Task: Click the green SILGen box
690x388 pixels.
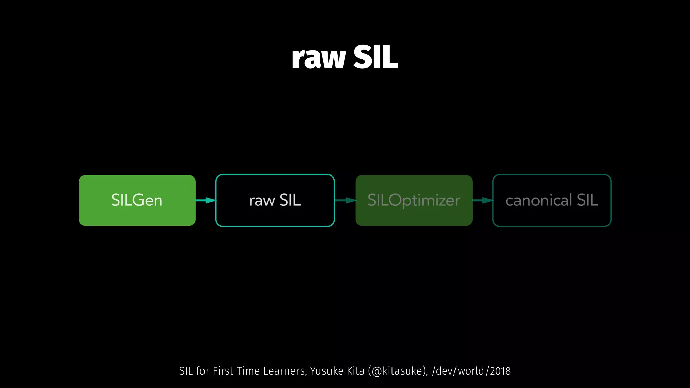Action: (137, 200)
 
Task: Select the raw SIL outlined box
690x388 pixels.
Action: (275, 200)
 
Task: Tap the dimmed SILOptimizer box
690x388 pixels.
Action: (414, 200)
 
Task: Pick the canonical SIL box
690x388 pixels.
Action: (552, 200)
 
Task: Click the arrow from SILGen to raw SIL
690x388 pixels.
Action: (206, 200)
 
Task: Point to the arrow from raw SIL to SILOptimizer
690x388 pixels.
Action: (345, 200)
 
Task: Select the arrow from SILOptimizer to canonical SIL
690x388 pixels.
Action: (482, 200)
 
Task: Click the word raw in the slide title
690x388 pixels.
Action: (318, 58)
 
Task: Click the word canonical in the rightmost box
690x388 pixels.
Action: (539, 200)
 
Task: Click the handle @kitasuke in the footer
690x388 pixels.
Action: (397, 371)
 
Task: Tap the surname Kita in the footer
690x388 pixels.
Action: (356, 371)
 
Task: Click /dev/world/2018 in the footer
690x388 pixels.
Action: (471, 371)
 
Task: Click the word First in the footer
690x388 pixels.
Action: (223, 371)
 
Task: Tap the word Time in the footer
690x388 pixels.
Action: (248, 371)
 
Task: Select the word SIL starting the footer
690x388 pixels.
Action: (186, 371)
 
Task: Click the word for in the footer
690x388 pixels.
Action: (203, 371)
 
